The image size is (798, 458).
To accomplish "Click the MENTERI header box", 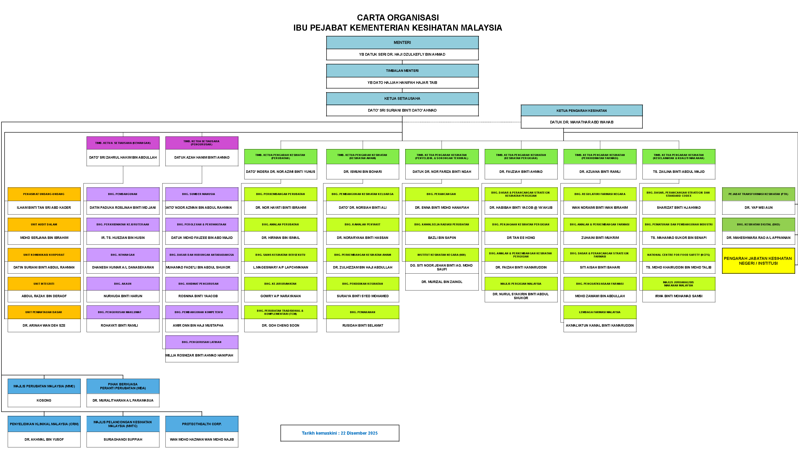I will pos(402,42).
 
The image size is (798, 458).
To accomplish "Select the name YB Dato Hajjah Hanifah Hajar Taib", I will pos(402,83).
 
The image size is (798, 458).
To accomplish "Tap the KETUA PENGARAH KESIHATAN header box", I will pos(581,111).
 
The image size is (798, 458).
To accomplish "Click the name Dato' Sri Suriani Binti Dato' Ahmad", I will pos(402,110).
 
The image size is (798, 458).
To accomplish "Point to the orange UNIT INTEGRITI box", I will pos(44,284).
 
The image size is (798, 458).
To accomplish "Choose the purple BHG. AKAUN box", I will pos(123,284).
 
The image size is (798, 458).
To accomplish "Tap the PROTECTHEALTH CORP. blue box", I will pos(202,424).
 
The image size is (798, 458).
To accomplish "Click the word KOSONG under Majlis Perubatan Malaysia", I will pos(44,400).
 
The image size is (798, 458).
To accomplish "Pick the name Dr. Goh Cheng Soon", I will pos(280,326).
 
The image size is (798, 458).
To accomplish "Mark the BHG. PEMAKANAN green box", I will pos(362,312).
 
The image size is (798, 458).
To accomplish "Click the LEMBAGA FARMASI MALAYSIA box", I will pos(600,312).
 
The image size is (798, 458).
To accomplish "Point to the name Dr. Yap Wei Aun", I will pos(758,208).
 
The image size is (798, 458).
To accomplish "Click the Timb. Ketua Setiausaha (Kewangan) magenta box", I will pos(123,143).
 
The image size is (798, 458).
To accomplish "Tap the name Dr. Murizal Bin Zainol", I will pos(442,282).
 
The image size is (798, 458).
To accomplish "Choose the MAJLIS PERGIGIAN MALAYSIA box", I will pos(521,284).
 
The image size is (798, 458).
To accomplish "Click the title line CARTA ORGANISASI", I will pos(398,18).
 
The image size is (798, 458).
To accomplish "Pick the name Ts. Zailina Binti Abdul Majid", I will pos(678,172).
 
